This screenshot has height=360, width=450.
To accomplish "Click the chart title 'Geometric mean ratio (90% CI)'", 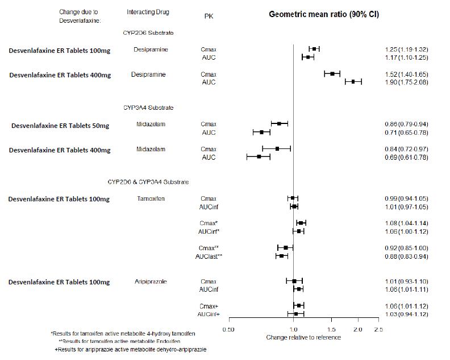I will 324,14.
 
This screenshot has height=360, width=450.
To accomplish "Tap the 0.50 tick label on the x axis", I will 228,329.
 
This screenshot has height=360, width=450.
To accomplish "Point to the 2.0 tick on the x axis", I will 358,329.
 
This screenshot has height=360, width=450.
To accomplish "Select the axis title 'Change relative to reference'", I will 303,337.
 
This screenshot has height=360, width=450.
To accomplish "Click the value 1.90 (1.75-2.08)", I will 406,82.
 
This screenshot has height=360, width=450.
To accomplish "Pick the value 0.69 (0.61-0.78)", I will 406,158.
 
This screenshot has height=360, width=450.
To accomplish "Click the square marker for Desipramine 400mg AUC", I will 353,82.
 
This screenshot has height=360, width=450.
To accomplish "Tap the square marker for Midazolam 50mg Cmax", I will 279,123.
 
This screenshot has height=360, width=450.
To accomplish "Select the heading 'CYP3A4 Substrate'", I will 148,107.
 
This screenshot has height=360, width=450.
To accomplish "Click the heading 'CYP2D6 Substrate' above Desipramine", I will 148,33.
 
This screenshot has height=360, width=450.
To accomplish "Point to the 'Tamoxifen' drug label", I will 151,198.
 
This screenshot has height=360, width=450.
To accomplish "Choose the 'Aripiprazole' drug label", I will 151,282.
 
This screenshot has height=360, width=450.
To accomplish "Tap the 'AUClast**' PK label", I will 209,256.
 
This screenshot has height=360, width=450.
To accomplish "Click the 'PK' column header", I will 209,16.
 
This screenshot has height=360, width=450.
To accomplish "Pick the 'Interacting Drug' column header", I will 148,12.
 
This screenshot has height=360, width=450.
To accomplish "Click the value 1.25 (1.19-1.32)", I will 406,49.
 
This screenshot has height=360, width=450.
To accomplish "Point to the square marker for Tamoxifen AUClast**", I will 281,256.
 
